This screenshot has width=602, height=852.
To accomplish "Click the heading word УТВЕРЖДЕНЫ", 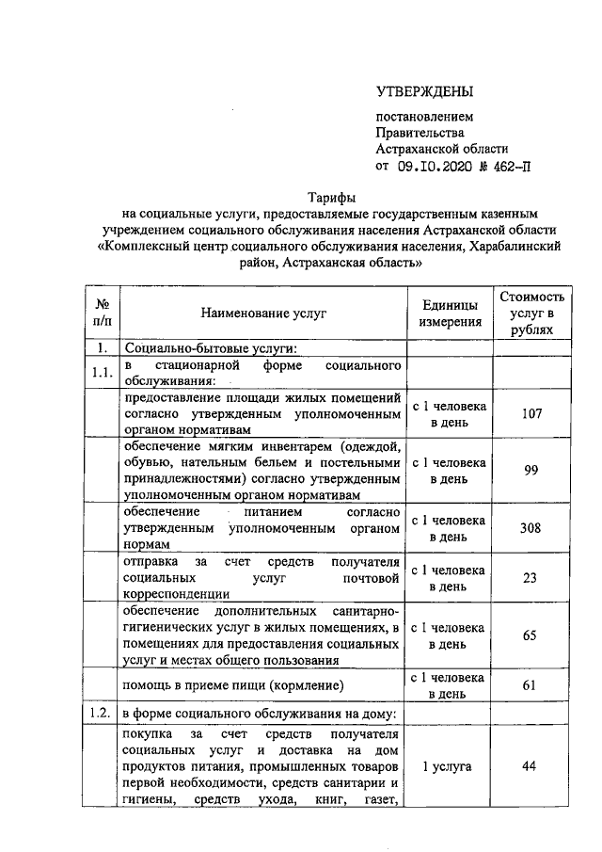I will [x=424, y=91].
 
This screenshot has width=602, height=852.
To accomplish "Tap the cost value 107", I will [x=531, y=414].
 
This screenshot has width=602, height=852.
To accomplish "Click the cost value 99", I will [x=531, y=471].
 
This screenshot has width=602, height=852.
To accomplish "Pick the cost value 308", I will [x=531, y=527].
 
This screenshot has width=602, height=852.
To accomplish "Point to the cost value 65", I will [x=531, y=635].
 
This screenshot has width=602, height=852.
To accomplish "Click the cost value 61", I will [x=531, y=685].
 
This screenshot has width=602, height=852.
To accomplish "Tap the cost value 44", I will [x=531, y=767].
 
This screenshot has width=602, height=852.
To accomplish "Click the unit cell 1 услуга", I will [x=450, y=767].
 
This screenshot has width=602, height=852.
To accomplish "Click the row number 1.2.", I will [x=103, y=713].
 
